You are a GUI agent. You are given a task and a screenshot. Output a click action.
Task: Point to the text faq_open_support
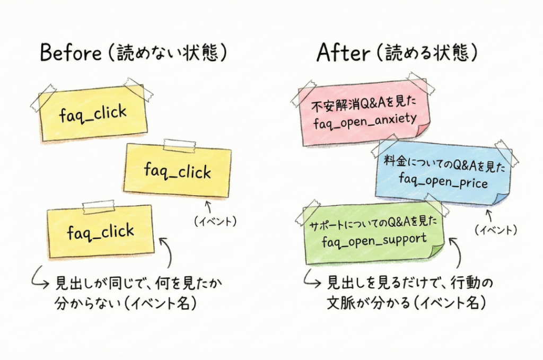click(374, 240)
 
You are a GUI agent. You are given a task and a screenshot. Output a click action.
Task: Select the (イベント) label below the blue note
click(495, 230)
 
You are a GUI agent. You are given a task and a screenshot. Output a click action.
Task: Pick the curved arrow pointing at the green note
click(454, 252)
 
